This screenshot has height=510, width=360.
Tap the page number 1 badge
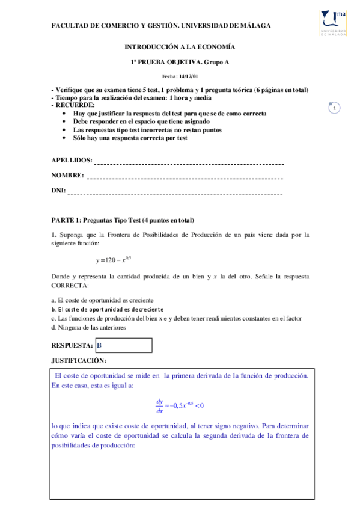point(334,108)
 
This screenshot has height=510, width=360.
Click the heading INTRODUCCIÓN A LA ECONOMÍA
point(180,46)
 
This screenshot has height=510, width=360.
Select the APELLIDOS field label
point(72,161)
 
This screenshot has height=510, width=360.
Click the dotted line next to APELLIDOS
point(189,162)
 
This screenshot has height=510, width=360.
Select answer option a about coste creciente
point(102,300)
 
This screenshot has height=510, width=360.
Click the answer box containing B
point(124,345)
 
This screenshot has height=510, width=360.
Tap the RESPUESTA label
point(72,346)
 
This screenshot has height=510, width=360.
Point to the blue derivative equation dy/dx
point(180,406)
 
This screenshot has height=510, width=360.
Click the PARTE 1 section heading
point(123,220)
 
